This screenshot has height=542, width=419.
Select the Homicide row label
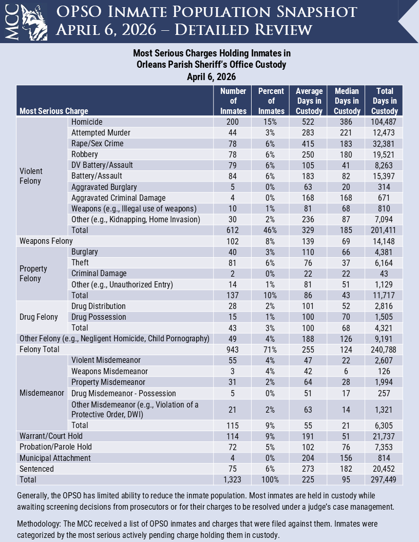point(87,122)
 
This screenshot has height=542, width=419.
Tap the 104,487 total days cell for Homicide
point(384,122)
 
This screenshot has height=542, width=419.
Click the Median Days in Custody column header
point(347,101)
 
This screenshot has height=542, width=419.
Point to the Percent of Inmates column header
point(271,101)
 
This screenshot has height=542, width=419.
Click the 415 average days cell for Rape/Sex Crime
point(309,144)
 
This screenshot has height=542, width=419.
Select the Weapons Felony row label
point(46,241)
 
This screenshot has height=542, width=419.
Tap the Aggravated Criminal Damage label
point(118,198)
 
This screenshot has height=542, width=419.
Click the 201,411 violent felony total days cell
point(384,230)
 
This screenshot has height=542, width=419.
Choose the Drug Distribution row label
point(99,306)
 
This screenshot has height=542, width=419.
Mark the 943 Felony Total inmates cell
point(233,349)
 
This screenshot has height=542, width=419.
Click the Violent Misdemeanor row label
point(106,360)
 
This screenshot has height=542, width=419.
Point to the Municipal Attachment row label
point(55,458)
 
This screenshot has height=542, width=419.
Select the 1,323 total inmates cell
point(233,479)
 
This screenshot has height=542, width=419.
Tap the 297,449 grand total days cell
point(384,479)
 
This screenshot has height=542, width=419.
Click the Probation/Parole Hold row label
point(55,447)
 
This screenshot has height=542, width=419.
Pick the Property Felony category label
point(33,274)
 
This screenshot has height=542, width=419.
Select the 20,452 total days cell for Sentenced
point(384,469)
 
